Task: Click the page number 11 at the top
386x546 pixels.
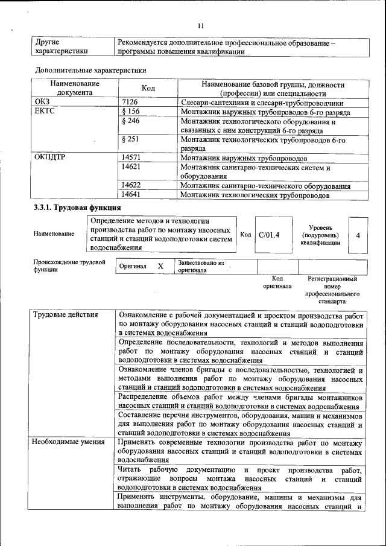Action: click(x=201, y=26)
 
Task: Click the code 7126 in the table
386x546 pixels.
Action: click(x=130, y=103)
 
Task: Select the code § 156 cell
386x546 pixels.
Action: click(x=130, y=112)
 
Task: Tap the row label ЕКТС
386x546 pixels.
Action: click(x=45, y=112)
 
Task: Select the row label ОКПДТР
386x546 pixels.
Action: click(x=50, y=158)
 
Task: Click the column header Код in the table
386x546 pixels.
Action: click(x=148, y=89)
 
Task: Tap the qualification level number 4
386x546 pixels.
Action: click(x=358, y=235)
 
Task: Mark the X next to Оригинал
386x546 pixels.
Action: click(x=160, y=266)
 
